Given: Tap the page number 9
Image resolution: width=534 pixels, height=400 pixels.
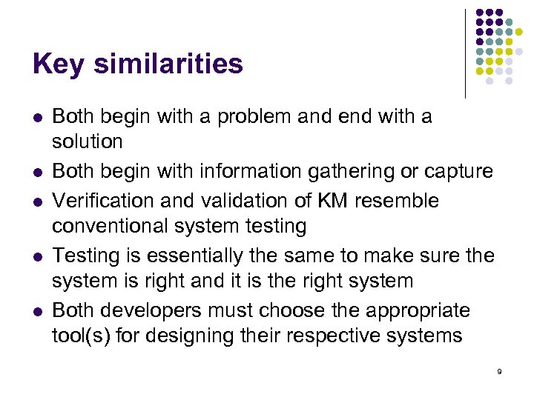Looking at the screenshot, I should pyautogui.click(x=500, y=371).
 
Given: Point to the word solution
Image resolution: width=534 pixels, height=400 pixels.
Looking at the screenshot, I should pyautogui.click(x=88, y=141).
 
